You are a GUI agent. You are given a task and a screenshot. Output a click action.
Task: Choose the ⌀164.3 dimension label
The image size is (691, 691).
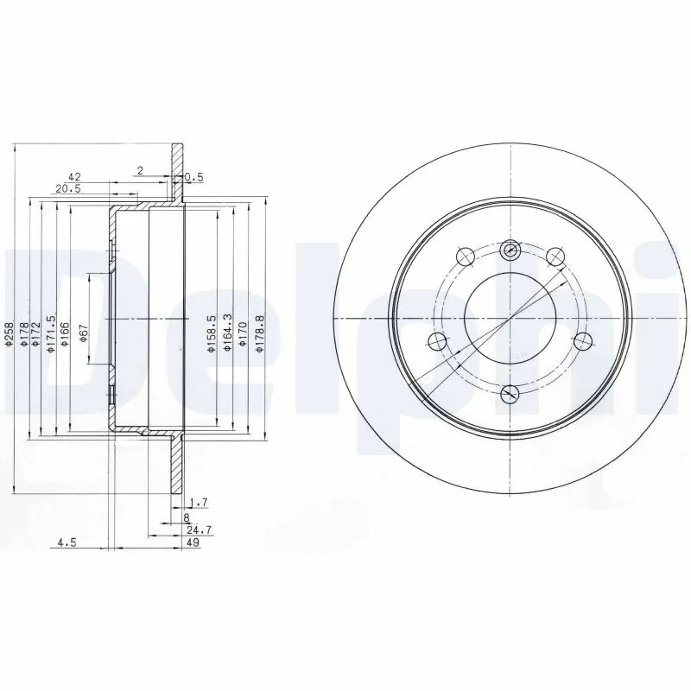[227, 333]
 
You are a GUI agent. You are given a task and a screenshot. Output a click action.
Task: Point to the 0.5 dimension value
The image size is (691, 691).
[194, 178]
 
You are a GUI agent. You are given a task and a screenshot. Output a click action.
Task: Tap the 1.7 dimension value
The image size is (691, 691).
[198, 502]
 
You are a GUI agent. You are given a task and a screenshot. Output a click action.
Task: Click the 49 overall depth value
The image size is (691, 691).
[193, 542]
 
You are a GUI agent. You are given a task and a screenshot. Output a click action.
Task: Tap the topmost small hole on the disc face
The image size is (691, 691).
[510, 250]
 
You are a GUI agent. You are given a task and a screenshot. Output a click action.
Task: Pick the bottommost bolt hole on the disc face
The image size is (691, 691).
[510, 394]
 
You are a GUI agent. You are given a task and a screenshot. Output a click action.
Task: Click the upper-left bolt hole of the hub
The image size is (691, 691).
[463, 256]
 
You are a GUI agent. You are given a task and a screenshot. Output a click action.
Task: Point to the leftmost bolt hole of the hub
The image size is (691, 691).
[438, 340]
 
